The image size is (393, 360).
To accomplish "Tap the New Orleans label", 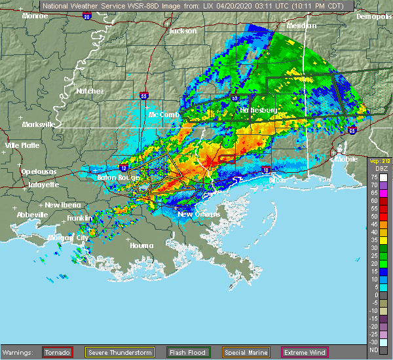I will coord(196,215).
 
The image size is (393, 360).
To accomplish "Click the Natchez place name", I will coord(90,91).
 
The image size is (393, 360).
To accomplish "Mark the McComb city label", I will coord(164,115).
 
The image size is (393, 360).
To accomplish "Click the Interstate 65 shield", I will coord(352,130).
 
